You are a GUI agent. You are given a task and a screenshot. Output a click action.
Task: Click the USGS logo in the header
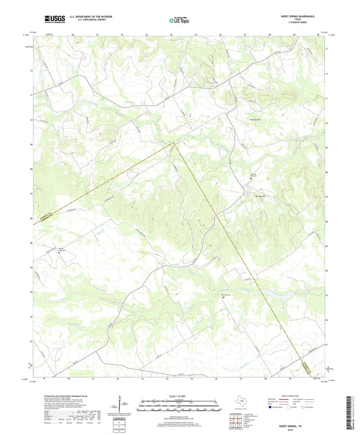tap(53, 20)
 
